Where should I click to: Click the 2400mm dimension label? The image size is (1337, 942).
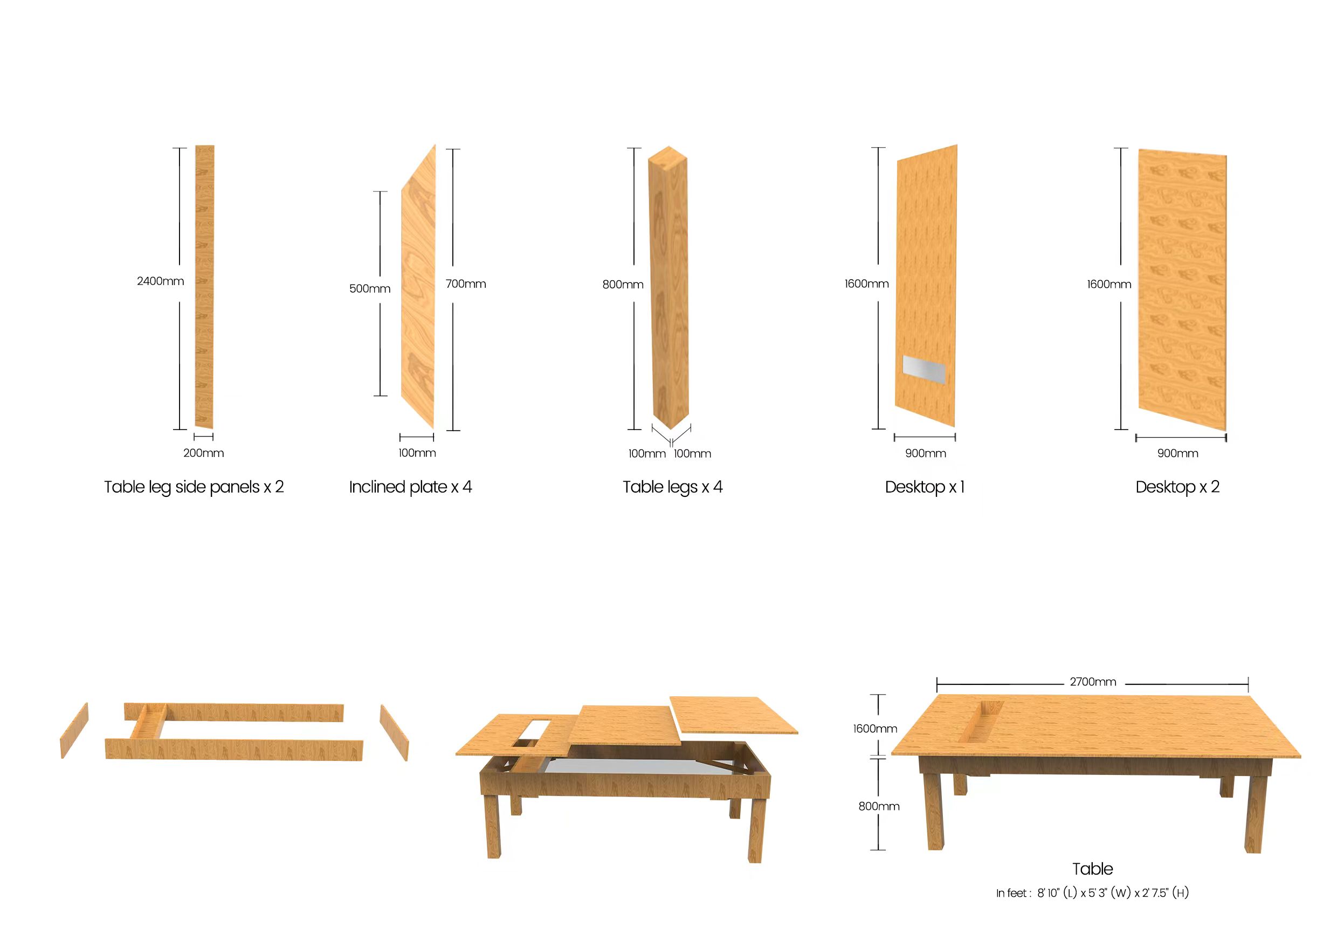pyautogui.click(x=160, y=281)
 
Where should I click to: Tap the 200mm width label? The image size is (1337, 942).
pyautogui.click(x=203, y=453)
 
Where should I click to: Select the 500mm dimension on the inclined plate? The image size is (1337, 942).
pyautogui.click(x=370, y=289)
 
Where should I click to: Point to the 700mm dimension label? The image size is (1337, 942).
pyautogui.click(x=466, y=284)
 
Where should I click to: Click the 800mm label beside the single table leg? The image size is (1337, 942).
pyautogui.click(x=623, y=285)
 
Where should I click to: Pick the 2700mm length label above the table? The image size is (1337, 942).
pyautogui.click(x=1093, y=682)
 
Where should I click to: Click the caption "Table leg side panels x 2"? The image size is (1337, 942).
pyautogui.click(x=194, y=487)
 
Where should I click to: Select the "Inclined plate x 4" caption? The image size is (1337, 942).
pyautogui.click(x=410, y=487)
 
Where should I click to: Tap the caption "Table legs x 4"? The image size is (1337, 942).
pyautogui.click(x=673, y=487)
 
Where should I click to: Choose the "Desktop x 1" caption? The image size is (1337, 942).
pyautogui.click(x=925, y=487)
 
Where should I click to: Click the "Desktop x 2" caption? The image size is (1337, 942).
pyautogui.click(x=1177, y=487)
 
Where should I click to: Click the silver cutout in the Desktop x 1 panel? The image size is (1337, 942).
pyautogui.click(x=924, y=370)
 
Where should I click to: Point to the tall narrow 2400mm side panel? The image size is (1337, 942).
pyautogui.click(x=204, y=287)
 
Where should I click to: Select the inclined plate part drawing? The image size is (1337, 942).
pyautogui.click(x=418, y=287)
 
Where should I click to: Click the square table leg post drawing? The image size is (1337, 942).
pyautogui.click(x=669, y=287)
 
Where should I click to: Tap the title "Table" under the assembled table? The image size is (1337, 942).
pyautogui.click(x=1092, y=869)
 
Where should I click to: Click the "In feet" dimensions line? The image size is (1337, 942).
pyautogui.click(x=1092, y=893)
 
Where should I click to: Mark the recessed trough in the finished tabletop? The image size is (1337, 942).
pyautogui.click(x=985, y=722)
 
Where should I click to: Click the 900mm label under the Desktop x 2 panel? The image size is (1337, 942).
pyautogui.click(x=1177, y=454)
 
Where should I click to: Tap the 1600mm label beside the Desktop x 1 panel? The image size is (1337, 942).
pyautogui.click(x=866, y=284)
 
